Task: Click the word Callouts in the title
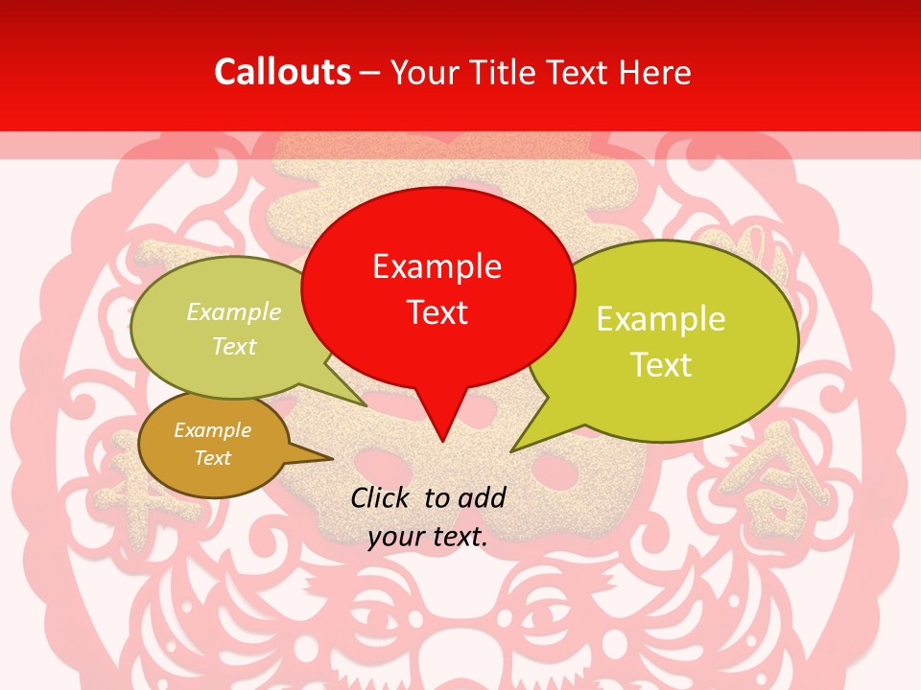coord(282,72)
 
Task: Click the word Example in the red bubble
coord(437,266)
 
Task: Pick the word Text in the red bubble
coord(437,312)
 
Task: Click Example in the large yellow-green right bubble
coord(661,319)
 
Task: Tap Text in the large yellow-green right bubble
coord(661,365)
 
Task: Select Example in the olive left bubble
coord(234,312)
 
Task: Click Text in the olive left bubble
coord(234,346)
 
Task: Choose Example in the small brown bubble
coord(212,430)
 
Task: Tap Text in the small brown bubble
coord(212,458)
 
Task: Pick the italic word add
coord(482,497)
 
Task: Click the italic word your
coord(394,537)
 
